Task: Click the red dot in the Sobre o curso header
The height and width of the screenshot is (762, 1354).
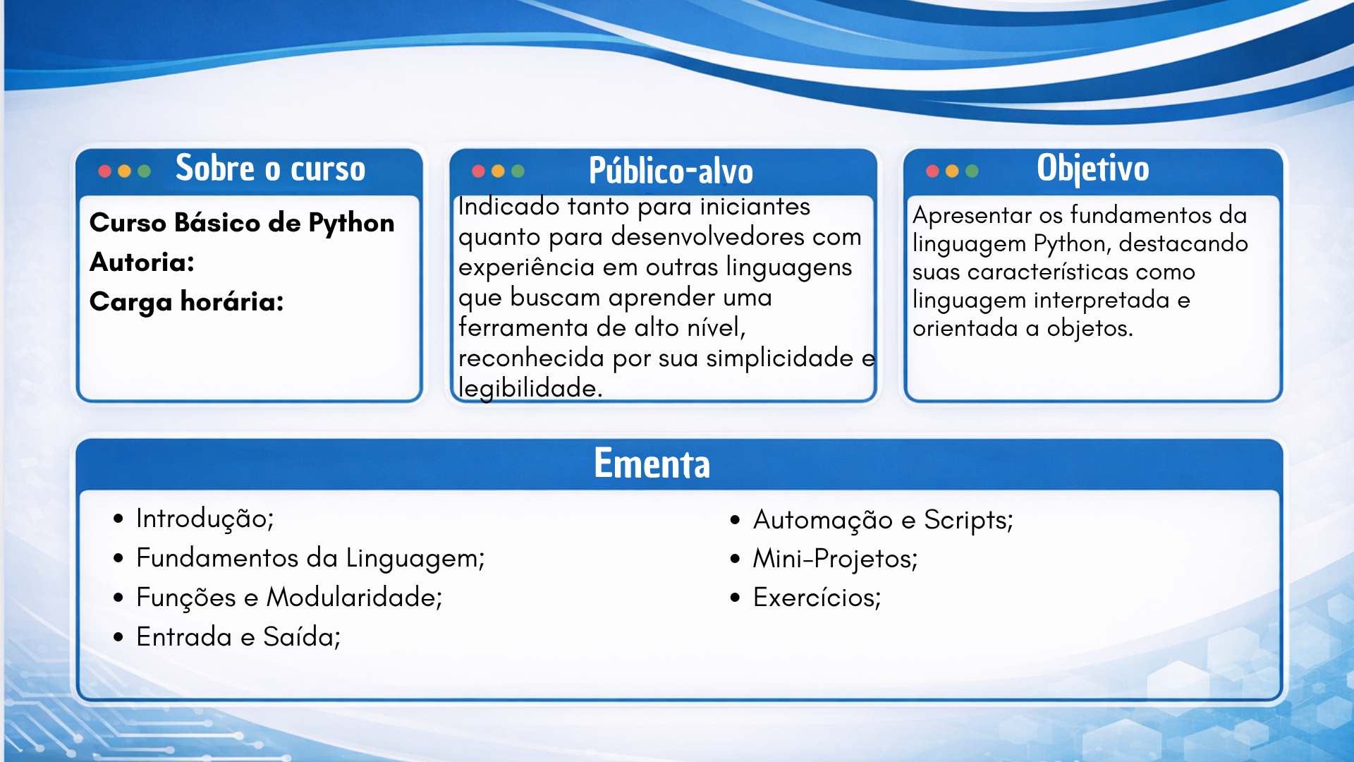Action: click(x=104, y=171)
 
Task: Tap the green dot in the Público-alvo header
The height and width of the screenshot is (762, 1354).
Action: click(x=518, y=171)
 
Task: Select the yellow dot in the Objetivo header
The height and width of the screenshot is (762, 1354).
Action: click(x=952, y=171)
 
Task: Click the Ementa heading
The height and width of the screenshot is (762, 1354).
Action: click(x=652, y=464)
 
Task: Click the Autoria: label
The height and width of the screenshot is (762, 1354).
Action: click(x=142, y=262)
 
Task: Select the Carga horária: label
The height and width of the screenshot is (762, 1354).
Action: click(x=187, y=302)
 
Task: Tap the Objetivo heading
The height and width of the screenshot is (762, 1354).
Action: click(x=1093, y=169)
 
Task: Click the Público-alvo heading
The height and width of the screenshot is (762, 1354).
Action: click(x=671, y=171)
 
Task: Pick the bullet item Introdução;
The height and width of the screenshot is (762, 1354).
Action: click(x=205, y=519)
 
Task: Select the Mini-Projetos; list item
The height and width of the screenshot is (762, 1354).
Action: click(x=836, y=559)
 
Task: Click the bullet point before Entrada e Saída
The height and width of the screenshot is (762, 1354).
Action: click(x=118, y=637)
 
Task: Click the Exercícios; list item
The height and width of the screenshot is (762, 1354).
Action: click(x=817, y=598)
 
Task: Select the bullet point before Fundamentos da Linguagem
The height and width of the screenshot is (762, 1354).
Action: click(x=118, y=559)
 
